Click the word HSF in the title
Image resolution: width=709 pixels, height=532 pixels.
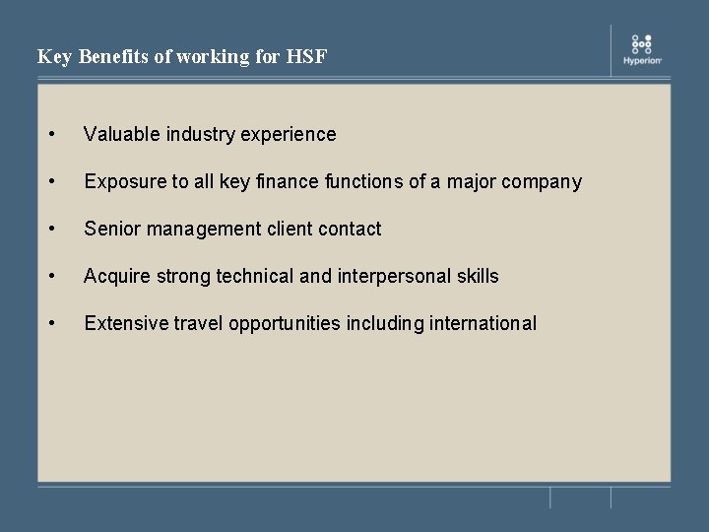306,57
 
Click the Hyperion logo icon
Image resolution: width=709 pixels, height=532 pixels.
642,43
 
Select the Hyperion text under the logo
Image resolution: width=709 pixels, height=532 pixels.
642,61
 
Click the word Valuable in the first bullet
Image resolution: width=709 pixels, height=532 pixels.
119,134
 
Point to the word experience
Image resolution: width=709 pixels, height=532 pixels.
290,134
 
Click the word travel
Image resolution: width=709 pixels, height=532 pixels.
196,323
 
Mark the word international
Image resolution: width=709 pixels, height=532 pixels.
483,323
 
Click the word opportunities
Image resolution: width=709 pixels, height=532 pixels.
285,324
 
